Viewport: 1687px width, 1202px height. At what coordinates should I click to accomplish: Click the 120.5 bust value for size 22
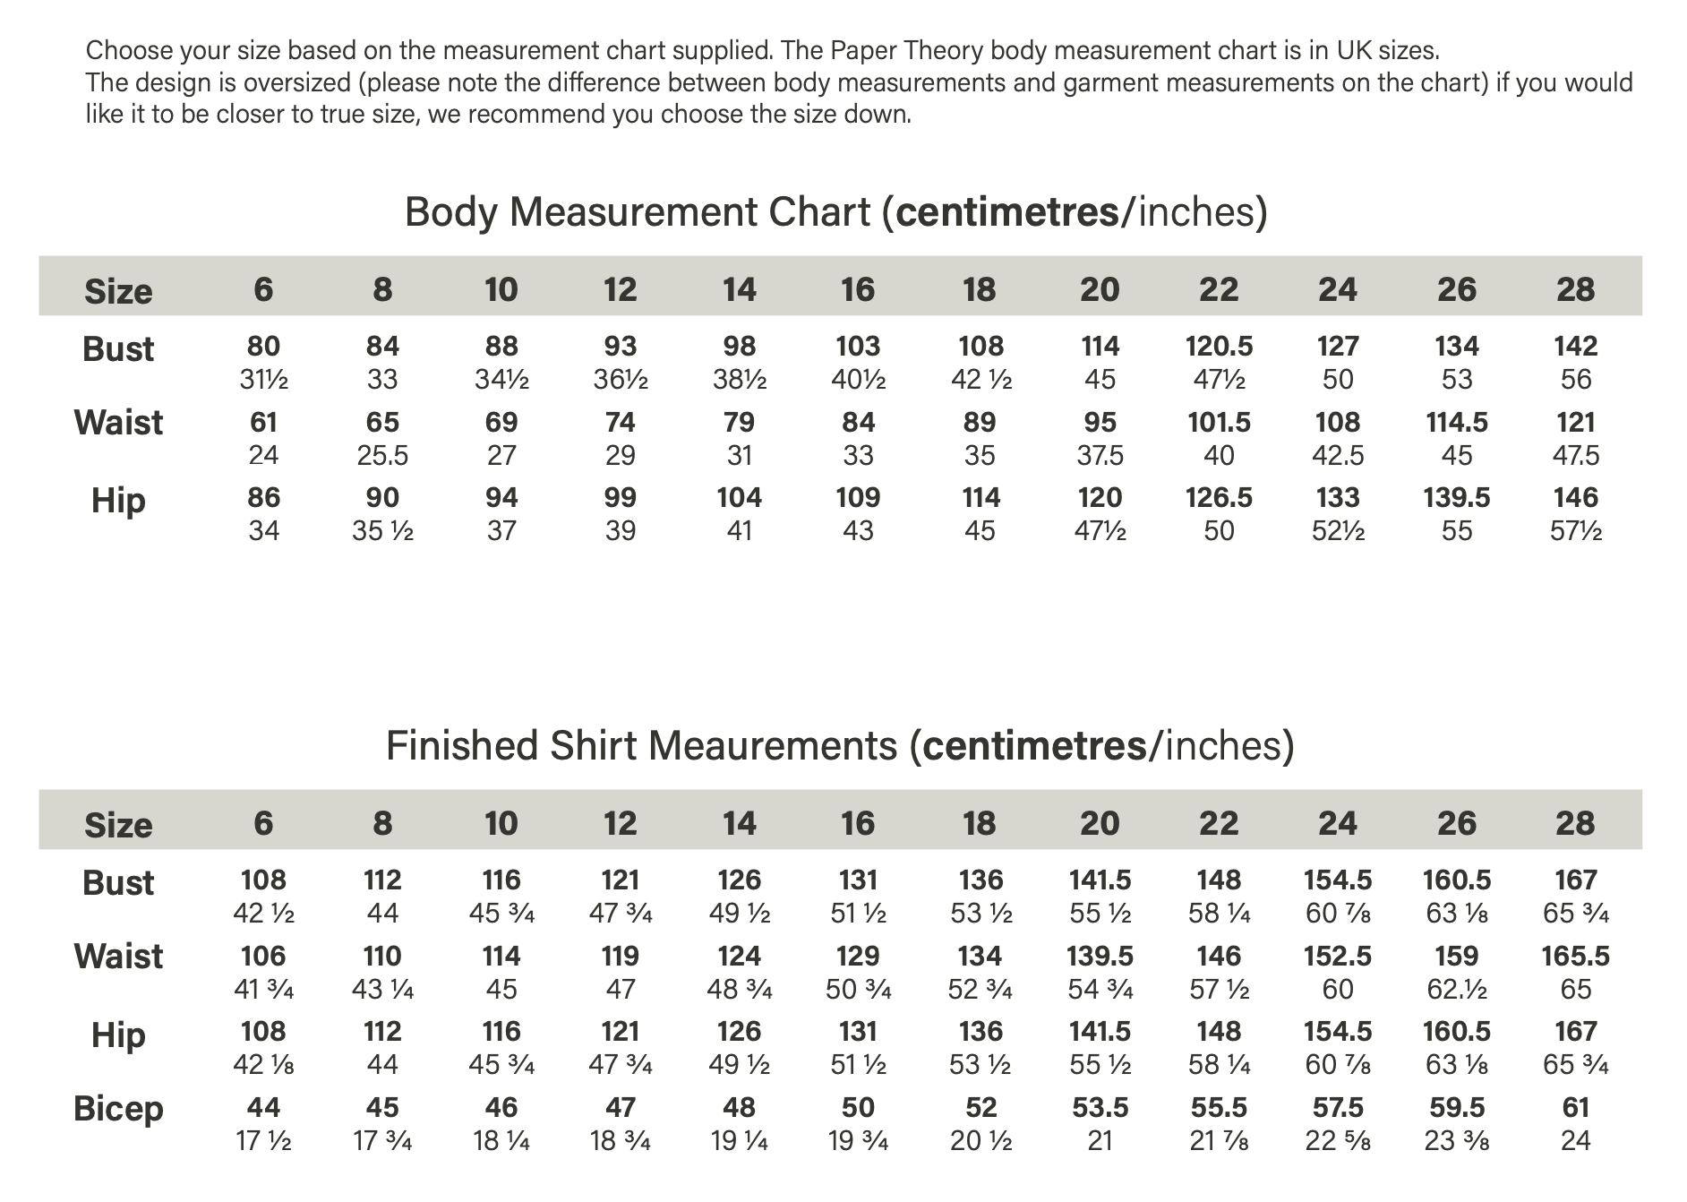point(1219,347)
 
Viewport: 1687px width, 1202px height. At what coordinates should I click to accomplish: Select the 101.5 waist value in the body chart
point(1219,422)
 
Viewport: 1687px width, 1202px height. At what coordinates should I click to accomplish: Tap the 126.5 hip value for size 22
point(1219,498)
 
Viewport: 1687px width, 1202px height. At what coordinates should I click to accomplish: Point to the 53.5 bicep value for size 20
point(1100,1108)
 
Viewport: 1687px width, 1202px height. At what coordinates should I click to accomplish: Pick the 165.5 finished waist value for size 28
point(1575,957)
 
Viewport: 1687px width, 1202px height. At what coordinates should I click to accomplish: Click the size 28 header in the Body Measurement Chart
point(1575,289)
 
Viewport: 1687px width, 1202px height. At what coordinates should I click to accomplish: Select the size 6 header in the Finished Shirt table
point(263,823)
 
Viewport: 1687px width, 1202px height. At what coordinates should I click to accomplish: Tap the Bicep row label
point(118,1109)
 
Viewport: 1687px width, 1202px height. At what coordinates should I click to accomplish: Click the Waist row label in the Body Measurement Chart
point(118,423)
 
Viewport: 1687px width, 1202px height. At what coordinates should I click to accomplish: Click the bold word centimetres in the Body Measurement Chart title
point(1006,212)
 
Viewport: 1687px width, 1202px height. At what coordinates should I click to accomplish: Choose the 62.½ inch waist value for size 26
point(1457,990)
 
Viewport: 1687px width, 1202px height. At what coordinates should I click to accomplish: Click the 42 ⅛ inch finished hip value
point(263,1065)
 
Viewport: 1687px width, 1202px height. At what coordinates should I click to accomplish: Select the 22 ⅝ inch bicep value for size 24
point(1338,1141)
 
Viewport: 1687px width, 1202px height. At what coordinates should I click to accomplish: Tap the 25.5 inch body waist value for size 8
point(382,456)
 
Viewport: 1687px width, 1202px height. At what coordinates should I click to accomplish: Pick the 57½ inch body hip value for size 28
point(1575,531)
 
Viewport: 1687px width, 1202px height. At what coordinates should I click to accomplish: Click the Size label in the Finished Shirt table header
point(118,825)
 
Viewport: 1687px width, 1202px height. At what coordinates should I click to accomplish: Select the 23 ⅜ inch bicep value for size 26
point(1457,1141)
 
